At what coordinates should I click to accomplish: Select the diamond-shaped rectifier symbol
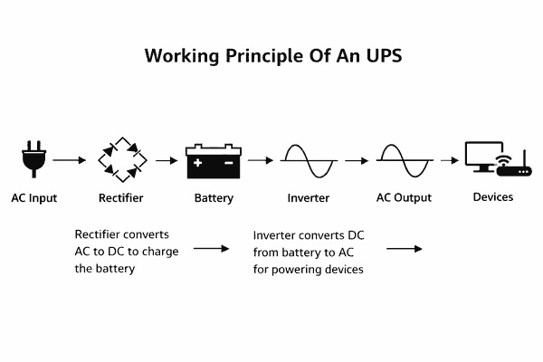tap(120, 161)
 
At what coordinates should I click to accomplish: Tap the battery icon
tap(214, 160)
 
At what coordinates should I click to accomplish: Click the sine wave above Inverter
tap(309, 161)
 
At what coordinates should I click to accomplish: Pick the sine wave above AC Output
tap(403, 161)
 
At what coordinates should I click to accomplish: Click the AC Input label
tap(33, 197)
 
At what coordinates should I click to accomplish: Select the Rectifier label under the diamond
tap(120, 197)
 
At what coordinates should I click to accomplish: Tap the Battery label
tap(214, 197)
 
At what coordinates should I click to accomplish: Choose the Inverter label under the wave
tap(309, 197)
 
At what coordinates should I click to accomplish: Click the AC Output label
tap(404, 197)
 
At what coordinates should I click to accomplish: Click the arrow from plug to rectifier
tap(70, 160)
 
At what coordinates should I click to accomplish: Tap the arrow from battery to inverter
tap(261, 160)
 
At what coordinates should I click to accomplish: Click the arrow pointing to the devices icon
tap(446, 160)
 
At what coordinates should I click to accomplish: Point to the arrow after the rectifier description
tap(212, 248)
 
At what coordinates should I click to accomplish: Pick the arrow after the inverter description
tap(405, 248)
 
